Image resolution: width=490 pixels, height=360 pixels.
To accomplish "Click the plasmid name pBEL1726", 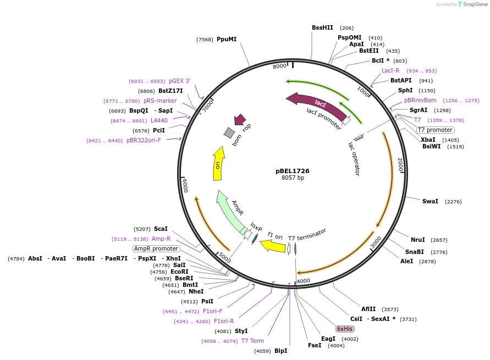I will point(293,171).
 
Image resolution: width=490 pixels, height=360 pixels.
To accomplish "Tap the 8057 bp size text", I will point(293,178).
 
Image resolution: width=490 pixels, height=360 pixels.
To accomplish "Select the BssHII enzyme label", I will point(322,27).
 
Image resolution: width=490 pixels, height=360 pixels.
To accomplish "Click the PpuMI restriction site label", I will point(227,39).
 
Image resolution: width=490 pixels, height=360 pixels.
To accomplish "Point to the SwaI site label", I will point(430,201).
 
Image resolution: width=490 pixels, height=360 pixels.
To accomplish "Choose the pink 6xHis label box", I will point(345,329).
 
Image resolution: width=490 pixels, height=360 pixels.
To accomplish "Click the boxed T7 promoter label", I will point(436,130).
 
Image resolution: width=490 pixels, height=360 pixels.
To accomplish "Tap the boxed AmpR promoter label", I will point(156,248).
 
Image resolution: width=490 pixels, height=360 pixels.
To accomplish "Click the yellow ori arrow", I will point(218,163).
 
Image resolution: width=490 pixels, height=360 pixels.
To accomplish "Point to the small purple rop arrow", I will point(240,120).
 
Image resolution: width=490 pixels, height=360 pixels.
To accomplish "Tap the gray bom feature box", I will point(229,132).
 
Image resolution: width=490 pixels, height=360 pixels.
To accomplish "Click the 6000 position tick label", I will point(185,186).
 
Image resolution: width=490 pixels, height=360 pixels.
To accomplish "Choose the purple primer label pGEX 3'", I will point(180,81).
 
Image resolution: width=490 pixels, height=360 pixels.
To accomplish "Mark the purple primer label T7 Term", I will point(252,341).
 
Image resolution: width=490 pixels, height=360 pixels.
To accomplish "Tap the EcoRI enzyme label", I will point(179,272).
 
